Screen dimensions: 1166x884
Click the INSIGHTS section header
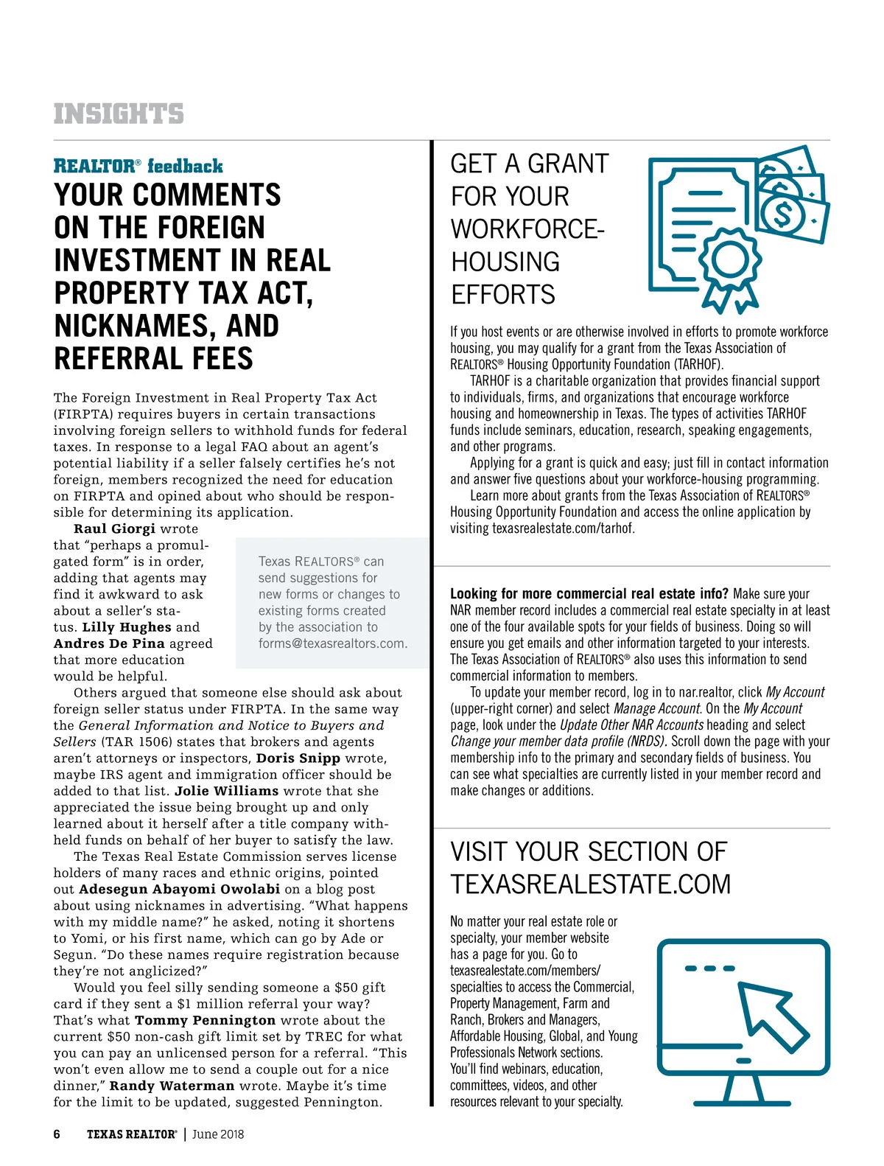tap(119, 114)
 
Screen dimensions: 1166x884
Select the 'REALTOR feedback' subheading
tap(138, 166)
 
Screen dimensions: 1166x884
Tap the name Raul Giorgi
tap(114, 528)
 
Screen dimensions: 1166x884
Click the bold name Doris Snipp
tap(298, 758)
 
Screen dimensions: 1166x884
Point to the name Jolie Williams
tap(227, 791)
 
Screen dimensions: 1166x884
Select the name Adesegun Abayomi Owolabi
tap(180, 889)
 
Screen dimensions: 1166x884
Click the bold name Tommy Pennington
tap(206, 1020)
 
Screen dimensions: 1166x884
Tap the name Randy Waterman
tap(172, 1086)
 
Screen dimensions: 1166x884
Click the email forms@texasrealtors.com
tap(332, 643)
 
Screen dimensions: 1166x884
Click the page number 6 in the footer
tap(57, 1134)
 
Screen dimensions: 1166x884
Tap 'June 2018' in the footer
tap(218, 1134)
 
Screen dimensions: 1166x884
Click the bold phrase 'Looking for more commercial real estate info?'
tap(589, 594)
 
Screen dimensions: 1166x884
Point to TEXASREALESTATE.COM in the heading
tap(591, 884)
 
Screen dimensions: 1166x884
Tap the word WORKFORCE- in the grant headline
tap(527, 229)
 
